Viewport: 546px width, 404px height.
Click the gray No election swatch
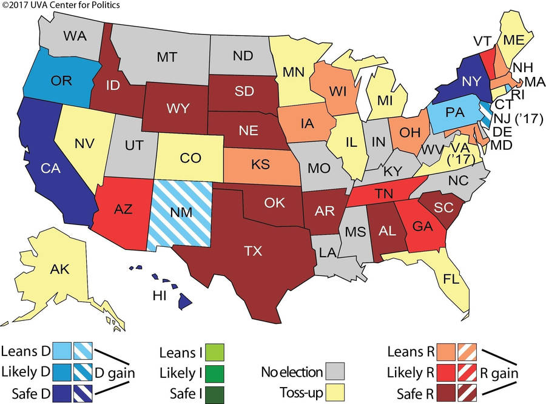tap(335, 370)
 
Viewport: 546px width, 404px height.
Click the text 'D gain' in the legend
tap(115, 371)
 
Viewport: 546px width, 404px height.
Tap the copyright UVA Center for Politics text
tap(61, 5)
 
